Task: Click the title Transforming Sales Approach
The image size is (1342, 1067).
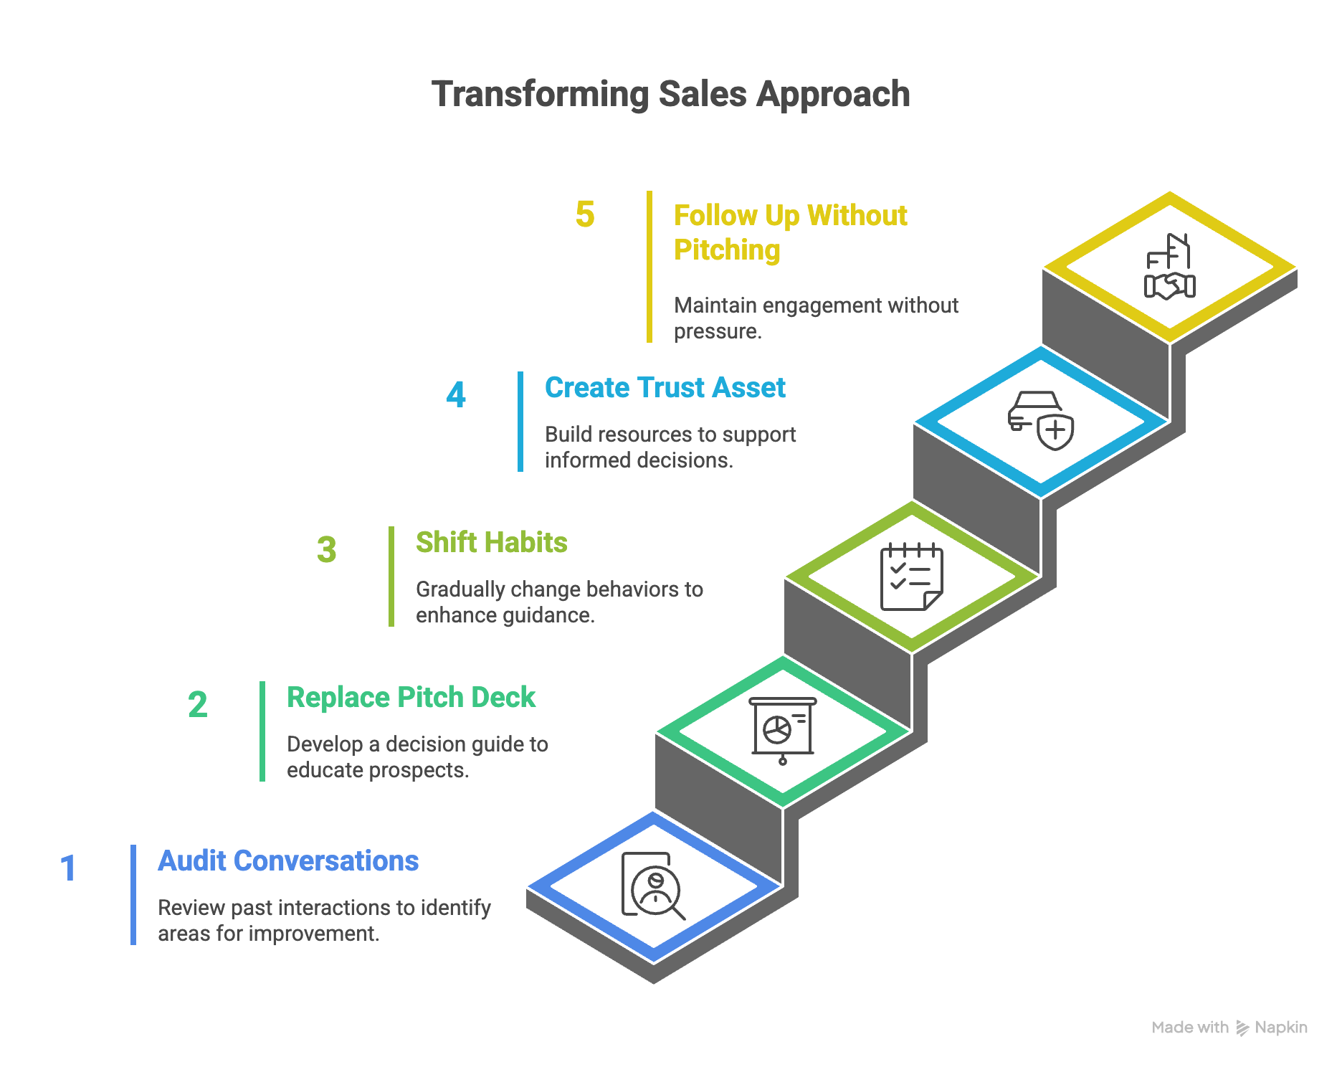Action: click(x=670, y=94)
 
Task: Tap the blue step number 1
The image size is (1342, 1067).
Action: click(x=68, y=868)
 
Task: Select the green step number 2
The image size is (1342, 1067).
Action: click(x=198, y=705)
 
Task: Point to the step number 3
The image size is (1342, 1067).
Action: click(x=327, y=550)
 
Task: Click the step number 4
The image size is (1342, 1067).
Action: click(x=456, y=395)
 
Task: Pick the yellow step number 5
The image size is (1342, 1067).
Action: click(x=585, y=214)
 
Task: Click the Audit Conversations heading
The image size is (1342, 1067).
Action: click(x=288, y=861)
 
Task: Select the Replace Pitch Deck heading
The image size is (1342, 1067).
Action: click(x=411, y=698)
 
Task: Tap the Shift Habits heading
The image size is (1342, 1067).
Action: click(x=492, y=543)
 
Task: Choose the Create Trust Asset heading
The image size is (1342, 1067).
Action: click(x=665, y=388)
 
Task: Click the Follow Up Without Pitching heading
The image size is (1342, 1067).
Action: click(x=790, y=232)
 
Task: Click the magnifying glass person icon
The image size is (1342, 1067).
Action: click(x=652, y=886)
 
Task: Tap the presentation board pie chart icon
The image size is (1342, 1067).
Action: click(x=782, y=730)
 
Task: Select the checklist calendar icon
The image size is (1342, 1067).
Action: click(x=911, y=577)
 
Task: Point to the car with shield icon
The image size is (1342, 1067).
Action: click(x=1041, y=420)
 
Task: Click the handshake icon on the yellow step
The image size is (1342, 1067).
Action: click(x=1169, y=267)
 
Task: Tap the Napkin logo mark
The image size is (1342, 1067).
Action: click(x=1242, y=1028)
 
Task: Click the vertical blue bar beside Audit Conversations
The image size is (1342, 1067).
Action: click(x=133, y=895)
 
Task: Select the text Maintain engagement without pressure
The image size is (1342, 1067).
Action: click(x=816, y=318)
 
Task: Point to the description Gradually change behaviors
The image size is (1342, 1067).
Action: click(x=559, y=602)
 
